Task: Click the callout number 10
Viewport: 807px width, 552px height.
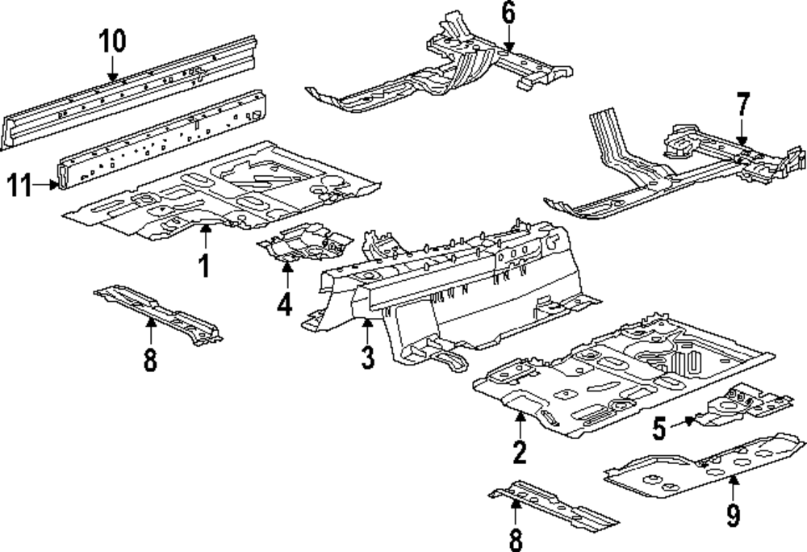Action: pos(113,41)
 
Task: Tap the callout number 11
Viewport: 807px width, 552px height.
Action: pos(20,185)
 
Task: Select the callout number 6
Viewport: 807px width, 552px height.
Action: pos(508,13)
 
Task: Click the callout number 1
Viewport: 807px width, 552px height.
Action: pos(205,266)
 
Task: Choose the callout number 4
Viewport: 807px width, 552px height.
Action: pos(285,303)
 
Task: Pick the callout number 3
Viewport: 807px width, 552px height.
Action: pos(367,357)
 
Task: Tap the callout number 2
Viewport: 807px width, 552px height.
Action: pos(520,452)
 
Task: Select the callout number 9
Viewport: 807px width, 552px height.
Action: pos(734,515)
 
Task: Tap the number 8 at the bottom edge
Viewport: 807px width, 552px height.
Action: pos(516,540)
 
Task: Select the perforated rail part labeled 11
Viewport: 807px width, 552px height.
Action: pos(162,139)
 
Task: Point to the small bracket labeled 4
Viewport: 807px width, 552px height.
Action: pos(305,242)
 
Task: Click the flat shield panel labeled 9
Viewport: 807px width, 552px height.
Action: pos(705,466)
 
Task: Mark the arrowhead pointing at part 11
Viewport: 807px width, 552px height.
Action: pos(54,185)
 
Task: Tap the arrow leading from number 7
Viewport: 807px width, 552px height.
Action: pos(742,132)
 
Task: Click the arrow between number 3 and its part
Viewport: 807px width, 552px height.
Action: pos(367,332)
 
